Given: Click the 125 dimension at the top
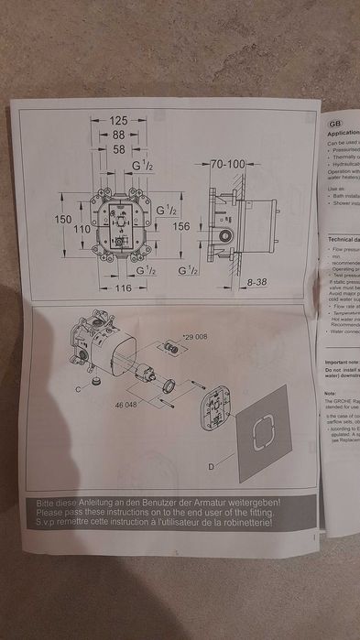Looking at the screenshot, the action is point(118,121).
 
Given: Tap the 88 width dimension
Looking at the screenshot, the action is point(119,135).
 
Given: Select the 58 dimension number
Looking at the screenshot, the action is point(119,148).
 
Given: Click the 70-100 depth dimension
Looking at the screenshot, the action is point(227,164).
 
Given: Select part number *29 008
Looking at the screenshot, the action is point(194,337).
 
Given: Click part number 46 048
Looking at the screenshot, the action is point(126,403).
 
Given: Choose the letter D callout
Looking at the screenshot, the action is point(210,467).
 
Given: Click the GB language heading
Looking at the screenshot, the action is point(334,120).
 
